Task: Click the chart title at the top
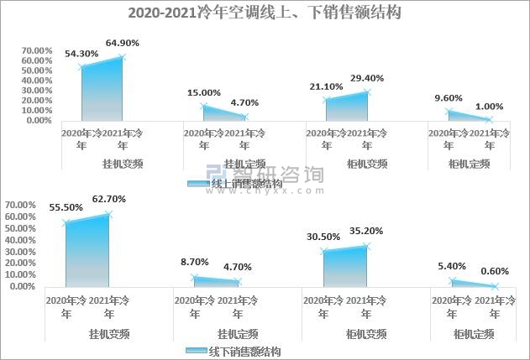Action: [x=265, y=13]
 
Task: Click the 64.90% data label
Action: [x=123, y=42]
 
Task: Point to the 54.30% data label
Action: [x=81, y=53]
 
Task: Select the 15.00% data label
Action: [x=204, y=92]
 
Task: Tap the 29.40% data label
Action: [x=366, y=78]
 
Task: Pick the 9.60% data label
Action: [x=449, y=97]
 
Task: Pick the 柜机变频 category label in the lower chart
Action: [x=345, y=332]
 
